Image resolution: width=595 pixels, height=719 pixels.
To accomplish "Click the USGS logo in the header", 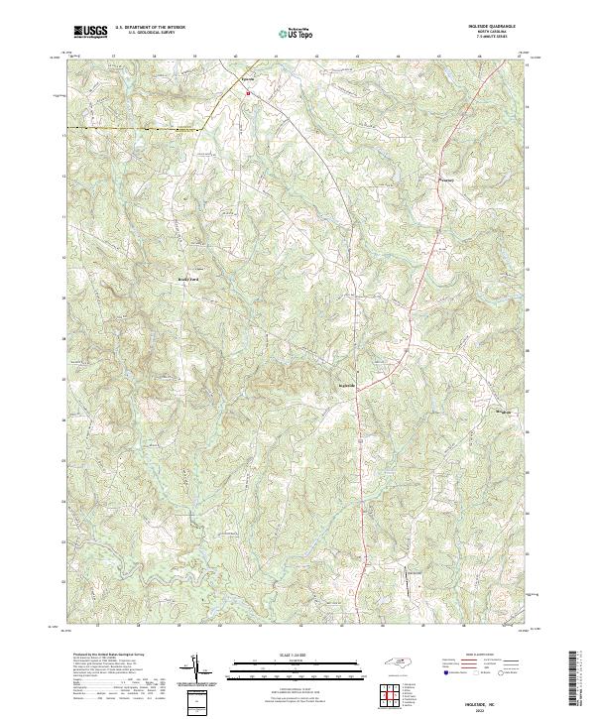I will click(91, 33).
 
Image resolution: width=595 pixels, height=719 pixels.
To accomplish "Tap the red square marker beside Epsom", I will click(247, 94).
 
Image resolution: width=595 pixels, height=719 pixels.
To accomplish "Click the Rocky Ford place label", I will click(188, 279).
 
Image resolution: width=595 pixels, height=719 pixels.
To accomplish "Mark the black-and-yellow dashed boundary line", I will click(129, 129).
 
